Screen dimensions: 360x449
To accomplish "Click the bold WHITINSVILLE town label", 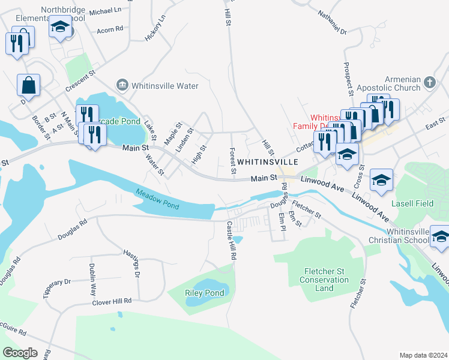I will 268,162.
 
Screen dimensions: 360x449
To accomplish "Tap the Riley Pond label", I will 205,293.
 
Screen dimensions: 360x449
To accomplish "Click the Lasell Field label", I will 412,204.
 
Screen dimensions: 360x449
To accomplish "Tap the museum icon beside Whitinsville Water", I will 122,86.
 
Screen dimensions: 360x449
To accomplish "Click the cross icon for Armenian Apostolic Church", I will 429,82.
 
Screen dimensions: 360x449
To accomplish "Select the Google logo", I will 20,352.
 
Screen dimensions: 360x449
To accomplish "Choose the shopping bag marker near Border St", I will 28,86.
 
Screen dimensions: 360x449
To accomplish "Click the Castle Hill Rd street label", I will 232,240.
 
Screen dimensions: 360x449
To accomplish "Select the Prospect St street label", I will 348,79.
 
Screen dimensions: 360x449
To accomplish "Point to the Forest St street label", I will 232,163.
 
